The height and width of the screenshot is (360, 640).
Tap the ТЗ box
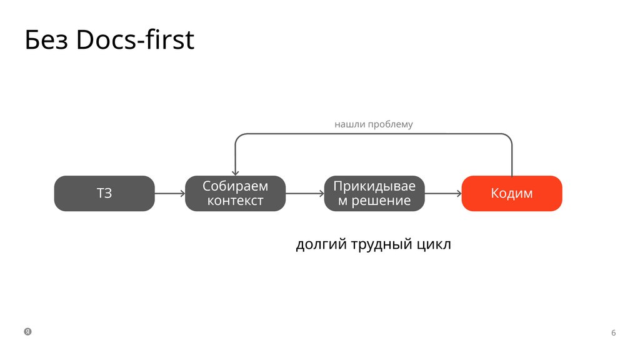click(104, 193)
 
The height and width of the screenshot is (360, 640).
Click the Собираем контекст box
click(235, 193)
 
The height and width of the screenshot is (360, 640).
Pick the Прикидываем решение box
click(374, 193)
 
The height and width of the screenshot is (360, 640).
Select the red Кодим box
click(511, 193)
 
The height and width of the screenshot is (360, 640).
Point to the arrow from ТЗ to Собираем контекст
click(169, 193)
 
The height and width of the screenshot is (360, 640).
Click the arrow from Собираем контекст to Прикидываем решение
click(304, 193)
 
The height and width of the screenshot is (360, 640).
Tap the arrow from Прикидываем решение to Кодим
click(443, 193)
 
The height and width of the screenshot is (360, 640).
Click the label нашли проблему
click(374, 124)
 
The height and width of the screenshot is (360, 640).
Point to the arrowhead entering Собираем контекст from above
click(235, 172)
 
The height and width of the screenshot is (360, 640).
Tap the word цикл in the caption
click(432, 244)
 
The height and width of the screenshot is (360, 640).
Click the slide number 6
click(613, 332)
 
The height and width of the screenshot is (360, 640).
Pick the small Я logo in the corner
click(27, 331)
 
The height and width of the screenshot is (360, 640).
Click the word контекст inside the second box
click(235, 201)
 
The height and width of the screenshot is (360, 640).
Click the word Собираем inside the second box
click(235, 186)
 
